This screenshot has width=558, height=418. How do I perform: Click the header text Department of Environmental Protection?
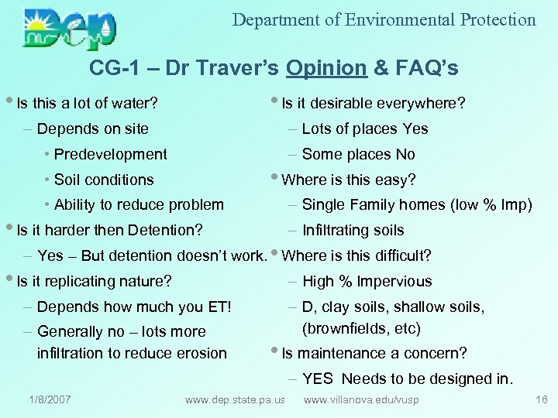tap(384, 20)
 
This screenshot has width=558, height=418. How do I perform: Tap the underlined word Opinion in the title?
tap(325, 68)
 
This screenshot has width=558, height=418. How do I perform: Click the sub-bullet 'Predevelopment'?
tap(110, 154)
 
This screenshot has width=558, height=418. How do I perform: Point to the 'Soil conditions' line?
tap(104, 180)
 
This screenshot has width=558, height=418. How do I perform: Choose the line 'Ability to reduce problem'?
tap(139, 205)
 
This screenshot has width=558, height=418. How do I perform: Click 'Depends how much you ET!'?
tap(134, 307)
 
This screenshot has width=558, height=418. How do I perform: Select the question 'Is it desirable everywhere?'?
tap(373, 103)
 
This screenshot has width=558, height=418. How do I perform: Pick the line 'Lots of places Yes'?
tap(364, 128)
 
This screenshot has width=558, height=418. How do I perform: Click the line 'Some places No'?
tap(358, 154)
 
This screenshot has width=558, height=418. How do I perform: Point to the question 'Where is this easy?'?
tap(348, 180)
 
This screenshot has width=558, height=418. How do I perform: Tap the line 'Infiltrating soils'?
tap(353, 230)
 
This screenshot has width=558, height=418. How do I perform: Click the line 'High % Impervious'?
tap(367, 281)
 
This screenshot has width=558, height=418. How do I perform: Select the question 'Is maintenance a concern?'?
tap(374, 354)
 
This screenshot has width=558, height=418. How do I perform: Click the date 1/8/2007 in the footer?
tap(50, 399)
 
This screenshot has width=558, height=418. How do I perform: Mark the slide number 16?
tap(541, 399)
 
